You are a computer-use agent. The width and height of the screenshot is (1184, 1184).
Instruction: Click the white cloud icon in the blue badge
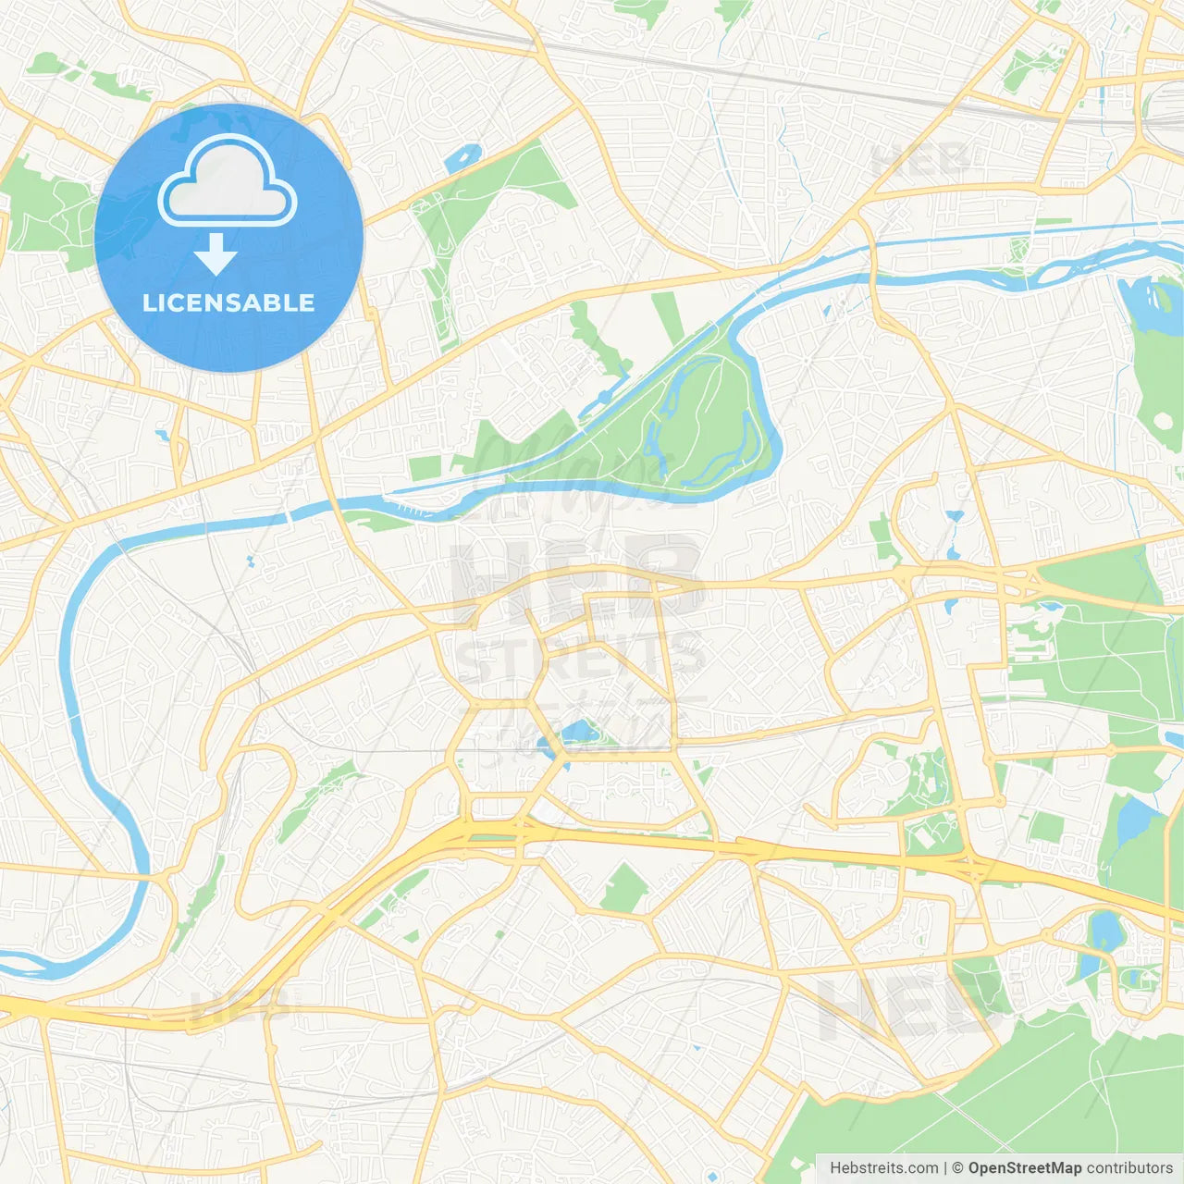tap(228, 182)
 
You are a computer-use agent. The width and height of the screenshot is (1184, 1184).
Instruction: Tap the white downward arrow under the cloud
tap(216, 254)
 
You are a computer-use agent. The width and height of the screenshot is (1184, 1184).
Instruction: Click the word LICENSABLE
tap(228, 302)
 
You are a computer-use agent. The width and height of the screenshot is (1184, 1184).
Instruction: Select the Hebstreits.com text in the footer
tap(883, 1168)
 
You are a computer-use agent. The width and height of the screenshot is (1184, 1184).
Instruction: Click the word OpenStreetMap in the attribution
tap(1024, 1168)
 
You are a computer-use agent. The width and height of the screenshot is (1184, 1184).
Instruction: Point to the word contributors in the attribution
tap(1129, 1168)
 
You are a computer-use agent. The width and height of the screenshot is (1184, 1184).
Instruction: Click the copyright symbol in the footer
tap(957, 1168)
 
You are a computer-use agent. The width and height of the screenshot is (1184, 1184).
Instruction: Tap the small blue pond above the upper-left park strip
tap(462, 158)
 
